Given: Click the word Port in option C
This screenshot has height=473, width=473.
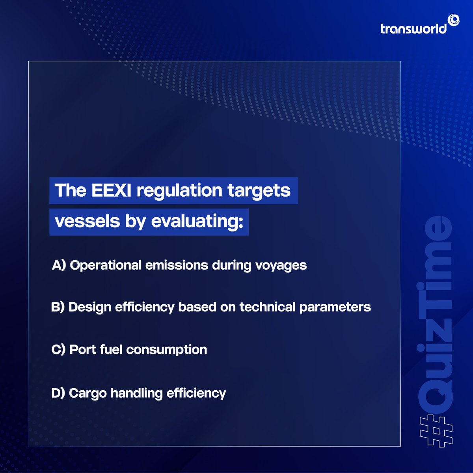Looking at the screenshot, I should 83,350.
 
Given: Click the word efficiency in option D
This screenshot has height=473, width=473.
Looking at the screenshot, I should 196,393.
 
